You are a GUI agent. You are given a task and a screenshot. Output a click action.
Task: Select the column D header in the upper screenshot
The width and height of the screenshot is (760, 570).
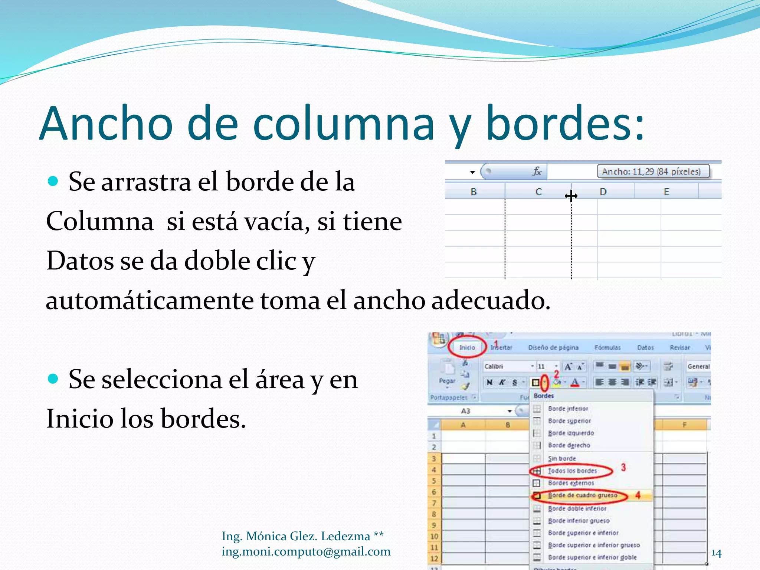point(603,192)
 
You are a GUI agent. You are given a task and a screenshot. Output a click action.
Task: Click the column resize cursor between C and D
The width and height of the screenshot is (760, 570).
point(571,196)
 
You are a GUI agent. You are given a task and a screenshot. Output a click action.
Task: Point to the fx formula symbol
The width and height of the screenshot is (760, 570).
point(537,171)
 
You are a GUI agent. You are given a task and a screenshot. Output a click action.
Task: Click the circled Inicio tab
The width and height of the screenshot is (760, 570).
point(467,347)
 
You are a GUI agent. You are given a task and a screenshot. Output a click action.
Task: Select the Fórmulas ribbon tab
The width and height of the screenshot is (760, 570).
point(607,348)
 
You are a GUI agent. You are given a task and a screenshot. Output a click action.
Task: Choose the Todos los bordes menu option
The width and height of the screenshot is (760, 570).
point(572,471)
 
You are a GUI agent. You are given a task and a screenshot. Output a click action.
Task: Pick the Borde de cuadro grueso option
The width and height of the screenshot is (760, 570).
point(582,495)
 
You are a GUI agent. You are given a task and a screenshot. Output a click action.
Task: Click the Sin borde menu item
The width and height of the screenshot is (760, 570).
point(562,459)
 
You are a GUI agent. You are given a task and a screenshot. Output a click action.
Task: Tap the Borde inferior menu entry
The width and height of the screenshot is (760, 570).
point(568,409)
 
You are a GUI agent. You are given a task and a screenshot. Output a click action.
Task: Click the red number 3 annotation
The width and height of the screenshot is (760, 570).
point(623,467)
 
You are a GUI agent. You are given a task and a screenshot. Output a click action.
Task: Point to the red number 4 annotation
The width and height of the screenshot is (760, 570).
point(638,495)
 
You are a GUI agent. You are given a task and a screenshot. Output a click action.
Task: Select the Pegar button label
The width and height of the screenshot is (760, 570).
point(447,381)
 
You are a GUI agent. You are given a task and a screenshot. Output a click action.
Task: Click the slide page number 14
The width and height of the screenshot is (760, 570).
point(716,553)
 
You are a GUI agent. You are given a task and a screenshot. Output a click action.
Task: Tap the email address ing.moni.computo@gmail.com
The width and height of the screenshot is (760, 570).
point(306,552)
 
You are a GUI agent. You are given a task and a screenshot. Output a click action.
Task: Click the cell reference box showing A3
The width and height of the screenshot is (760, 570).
point(466,411)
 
